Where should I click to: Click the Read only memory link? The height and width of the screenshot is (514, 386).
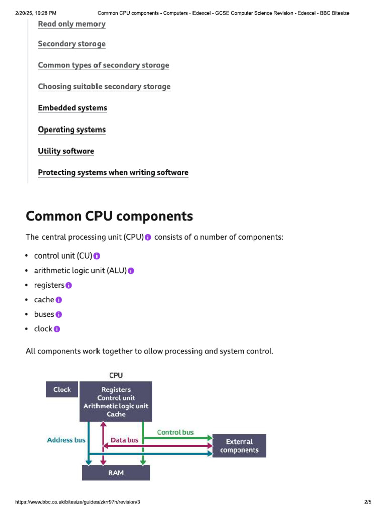click(71, 24)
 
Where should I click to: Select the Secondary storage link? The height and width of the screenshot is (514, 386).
click(71, 44)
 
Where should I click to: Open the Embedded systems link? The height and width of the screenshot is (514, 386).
click(72, 108)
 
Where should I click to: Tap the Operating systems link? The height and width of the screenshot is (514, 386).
click(71, 130)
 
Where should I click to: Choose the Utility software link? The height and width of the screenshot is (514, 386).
click(66, 151)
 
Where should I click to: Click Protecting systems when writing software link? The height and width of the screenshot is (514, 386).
click(113, 173)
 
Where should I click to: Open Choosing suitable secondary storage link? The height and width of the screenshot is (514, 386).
click(104, 87)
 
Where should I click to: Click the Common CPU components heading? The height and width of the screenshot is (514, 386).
click(109, 216)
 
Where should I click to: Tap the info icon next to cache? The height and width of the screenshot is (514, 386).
click(59, 300)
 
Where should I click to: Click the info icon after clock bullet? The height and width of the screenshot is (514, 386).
click(57, 329)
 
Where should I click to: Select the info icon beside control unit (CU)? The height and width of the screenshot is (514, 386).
click(97, 256)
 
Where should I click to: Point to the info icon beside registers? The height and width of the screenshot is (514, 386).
click(69, 286)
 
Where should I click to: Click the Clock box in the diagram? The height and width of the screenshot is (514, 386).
click(62, 390)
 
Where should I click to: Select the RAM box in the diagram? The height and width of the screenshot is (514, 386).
click(116, 473)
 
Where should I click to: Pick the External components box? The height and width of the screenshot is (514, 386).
click(239, 446)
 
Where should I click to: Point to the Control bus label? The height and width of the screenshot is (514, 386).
click(175, 432)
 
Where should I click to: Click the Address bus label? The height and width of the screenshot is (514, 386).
click(66, 440)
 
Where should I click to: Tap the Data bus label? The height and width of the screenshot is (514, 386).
click(124, 440)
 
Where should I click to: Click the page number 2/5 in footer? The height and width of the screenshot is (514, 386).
click(367, 502)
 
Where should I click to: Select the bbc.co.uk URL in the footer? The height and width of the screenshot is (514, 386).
click(78, 502)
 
